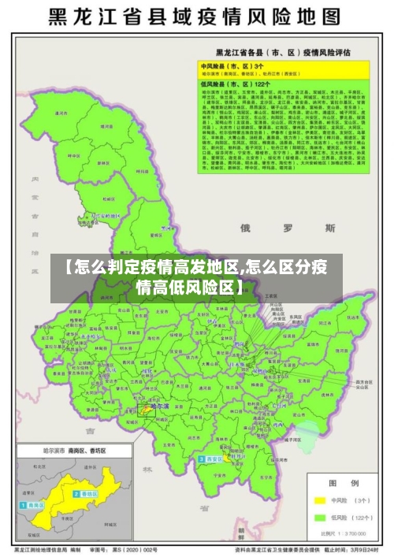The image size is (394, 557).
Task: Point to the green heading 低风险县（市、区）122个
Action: coord(232,83)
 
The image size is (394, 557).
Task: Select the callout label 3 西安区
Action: coord(211,459)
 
